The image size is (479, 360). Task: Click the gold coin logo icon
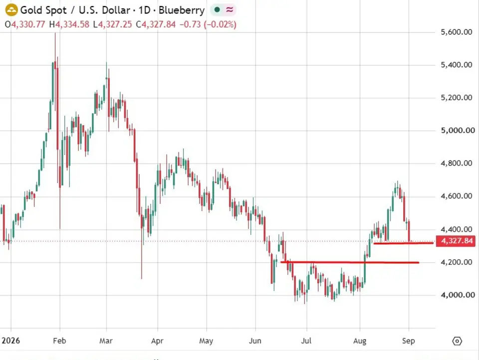pos(11,10)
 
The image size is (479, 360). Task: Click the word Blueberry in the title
pos(182,10)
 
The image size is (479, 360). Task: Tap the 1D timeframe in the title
pos(145,10)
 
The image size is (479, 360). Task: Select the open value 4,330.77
pos(28,24)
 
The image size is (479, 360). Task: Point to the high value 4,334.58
pos(72,24)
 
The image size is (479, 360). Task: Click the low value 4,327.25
pos(115,24)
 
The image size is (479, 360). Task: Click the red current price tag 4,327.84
pos(456,241)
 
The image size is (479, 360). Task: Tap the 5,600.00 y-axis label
pos(457,32)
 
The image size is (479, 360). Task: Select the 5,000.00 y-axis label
pos(458,130)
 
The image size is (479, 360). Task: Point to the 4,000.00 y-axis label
pos(458,295)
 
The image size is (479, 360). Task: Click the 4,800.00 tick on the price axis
pos(457,164)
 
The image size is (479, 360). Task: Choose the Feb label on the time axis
pos(59,341)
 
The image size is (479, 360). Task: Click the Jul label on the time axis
pos(306,341)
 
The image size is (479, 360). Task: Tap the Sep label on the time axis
pos(409,341)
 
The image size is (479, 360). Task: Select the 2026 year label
pos(10,341)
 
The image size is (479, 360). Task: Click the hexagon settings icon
pos(457,341)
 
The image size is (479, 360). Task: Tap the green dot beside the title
pos(217,10)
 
